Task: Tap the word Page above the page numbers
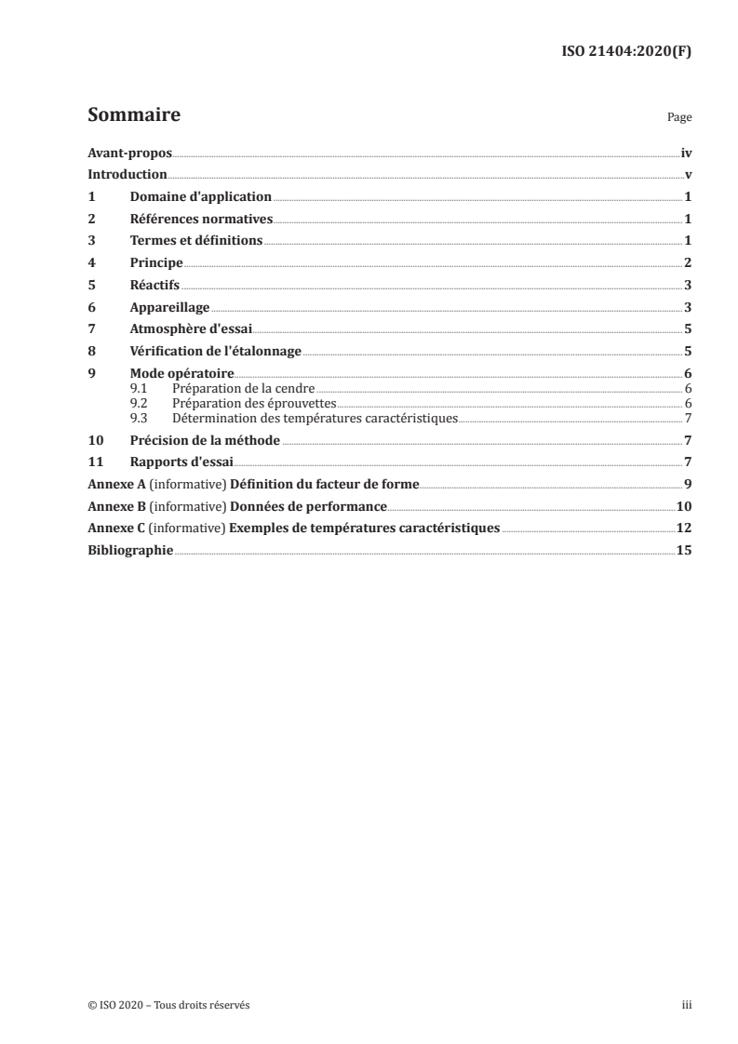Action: tap(679, 118)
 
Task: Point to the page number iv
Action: tap(686, 153)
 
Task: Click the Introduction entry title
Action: tap(127, 175)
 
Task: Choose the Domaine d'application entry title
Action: tap(200, 197)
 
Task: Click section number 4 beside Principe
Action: tap(91, 263)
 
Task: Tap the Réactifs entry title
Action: tap(155, 286)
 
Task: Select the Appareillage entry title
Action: tap(169, 307)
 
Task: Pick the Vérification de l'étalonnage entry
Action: tap(216, 352)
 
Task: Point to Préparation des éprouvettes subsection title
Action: tap(253, 404)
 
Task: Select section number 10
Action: tap(94, 440)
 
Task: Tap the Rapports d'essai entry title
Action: tap(181, 462)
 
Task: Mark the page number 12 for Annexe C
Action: tap(684, 529)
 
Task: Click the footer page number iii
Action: tap(686, 1005)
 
